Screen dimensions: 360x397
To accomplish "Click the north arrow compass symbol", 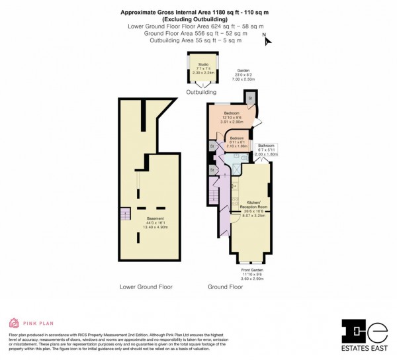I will [x=267, y=40].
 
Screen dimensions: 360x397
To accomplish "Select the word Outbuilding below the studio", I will [x=201, y=92].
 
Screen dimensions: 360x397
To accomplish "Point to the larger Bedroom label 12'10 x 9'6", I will [x=232, y=118].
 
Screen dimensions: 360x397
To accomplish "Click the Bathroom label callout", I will [x=267, y=149].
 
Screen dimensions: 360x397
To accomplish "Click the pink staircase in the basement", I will [x=125, y=215].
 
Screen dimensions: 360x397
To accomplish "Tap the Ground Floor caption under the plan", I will [x=225, y=287].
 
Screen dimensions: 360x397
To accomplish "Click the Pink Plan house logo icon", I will [x=14, y=324].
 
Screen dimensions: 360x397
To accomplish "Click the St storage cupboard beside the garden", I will [x=251, y=97].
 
